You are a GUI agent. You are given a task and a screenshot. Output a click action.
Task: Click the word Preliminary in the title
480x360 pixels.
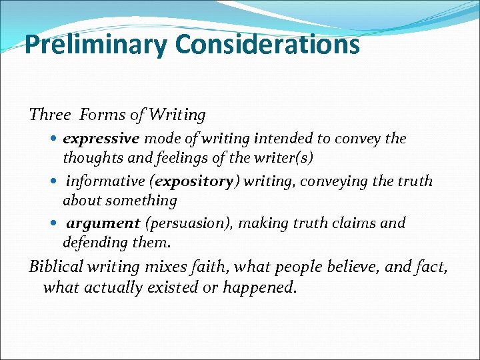tap(96, 45)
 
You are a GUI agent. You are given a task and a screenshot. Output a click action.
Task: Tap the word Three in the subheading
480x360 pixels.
tap(49, 115)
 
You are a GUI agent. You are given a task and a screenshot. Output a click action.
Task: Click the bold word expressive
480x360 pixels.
tap(101, 139)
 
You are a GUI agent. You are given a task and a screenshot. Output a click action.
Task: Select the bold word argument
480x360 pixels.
tap(103, 223)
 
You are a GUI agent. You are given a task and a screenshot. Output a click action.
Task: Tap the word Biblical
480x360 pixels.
tap(56, 267)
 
